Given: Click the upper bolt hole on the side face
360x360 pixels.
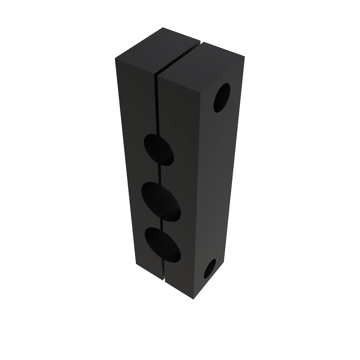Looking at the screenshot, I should pyautogui.click(x=222, y=97).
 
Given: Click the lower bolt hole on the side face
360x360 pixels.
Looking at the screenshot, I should pyautogui.click(x=211, y=268).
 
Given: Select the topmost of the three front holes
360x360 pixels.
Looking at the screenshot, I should pyautogui.click(x=159, y=149).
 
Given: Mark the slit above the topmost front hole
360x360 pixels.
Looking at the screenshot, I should pyautogui.click(x=157, y=105).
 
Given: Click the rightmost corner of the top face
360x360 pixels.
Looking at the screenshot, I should pyautogui.click(x=245, y=56).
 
